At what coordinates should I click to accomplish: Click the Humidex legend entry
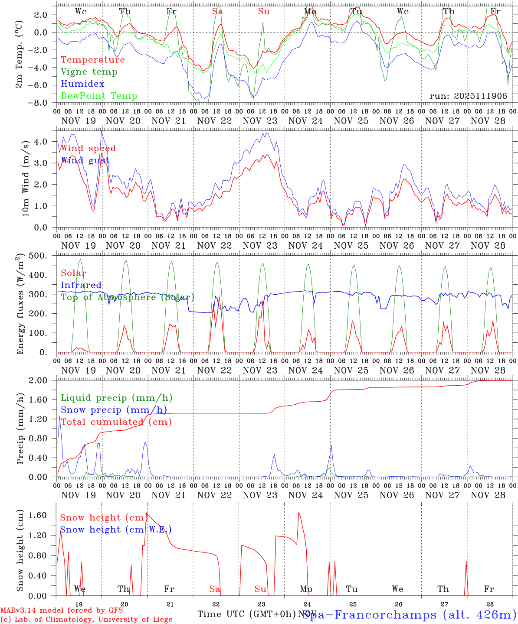pyautogui.click(x=82, y=84)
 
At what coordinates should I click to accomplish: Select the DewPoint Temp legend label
pyautogui.click(x=99, y=96)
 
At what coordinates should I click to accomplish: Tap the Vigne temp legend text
pyautogui.click(x=89, y=72)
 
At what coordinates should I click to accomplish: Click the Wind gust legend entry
pyautogui.click(x=85, y=161)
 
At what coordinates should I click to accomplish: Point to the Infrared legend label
pyautogui.click(x=81, y=285)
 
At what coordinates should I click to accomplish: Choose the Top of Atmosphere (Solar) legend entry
pyautogui.click(x=128, y=297)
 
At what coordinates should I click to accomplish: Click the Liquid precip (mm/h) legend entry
pyautogui.click(x=116, y=398)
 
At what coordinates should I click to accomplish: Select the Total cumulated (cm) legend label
pyautogui.click(x=116, y=422)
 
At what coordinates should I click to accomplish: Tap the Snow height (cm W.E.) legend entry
pyautogui.click(x=115, y=530)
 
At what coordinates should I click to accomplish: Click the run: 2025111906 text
pyautogui.click(x=468, y=96)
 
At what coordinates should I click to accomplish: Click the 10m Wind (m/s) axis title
pyautogui.click(x=26, y=179)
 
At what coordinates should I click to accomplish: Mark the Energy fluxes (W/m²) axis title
pyautogui.click(x=20, y=305)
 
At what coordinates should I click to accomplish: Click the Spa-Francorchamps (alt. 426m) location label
pyautogui.click(x=409, y=614)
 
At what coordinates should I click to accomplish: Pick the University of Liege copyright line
pyautogui.click(x=86, y=620)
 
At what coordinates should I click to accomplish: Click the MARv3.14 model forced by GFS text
pyautogui.click(x=62, y=611)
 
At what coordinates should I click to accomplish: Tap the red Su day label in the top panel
pyautogui.click(x=264, y=12)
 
